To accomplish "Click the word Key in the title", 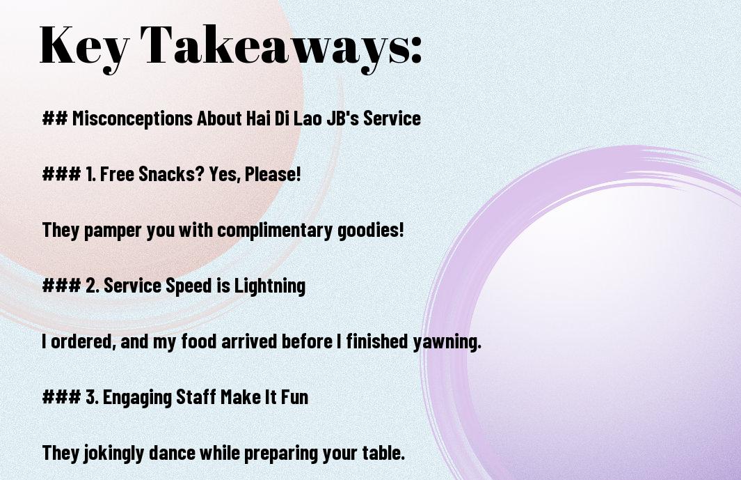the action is pyautogui.click(x=83, y=47).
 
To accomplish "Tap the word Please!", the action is pyautogui.click(x=273, y=173).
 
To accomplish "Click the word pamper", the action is pyautogui.click(x=113, y=231).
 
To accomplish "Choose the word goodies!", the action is pyautogui.click(x=371, y=230).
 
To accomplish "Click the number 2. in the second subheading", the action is pyautogui.click(x=93, y=286).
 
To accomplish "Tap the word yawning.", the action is pyautogui.click(x=447, y=342).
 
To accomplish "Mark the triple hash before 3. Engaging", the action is pyautogui.click(x=61, y=396).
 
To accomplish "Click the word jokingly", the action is pyautogui.click(x=113, y=453).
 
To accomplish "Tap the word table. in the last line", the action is pyautogui.click(x=384, y=453).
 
